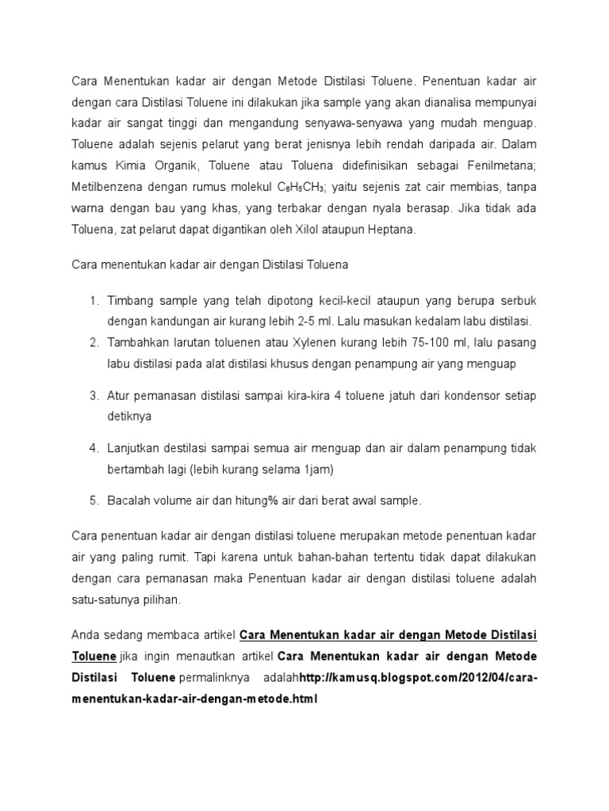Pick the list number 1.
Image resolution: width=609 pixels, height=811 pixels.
(x=93, y=302)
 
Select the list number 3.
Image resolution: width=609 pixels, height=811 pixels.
(x=93, y=394)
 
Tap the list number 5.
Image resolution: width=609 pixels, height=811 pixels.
(x=93, y=501)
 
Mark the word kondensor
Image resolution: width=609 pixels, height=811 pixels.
(x=468, y=394)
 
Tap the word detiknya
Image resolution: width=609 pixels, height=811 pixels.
(x=130, y=415)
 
